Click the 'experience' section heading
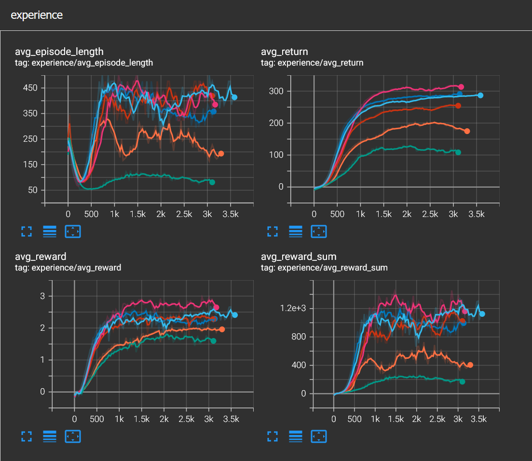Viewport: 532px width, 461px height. click(37, 15)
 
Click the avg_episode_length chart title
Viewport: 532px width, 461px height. click(59, 52)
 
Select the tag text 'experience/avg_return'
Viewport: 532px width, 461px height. click(321, 63)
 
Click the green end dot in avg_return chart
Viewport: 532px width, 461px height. click(458, 152)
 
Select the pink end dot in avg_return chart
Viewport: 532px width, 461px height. click(461, 87)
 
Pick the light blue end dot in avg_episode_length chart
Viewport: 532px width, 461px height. click(234, 97)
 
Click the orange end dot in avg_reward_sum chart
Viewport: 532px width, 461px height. click(470, 365)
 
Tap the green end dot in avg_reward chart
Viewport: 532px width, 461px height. click(213, 341)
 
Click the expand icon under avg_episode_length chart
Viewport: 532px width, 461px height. click(27, 231)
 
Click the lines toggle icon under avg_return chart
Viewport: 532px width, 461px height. click(296, 231)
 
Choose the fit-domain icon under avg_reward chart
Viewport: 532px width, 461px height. click(72, 436)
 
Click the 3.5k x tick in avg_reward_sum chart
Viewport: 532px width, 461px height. click(478, 420)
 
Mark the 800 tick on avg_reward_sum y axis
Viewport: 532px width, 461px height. click(299, 337)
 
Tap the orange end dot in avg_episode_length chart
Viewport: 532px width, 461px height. click(221, 154)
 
